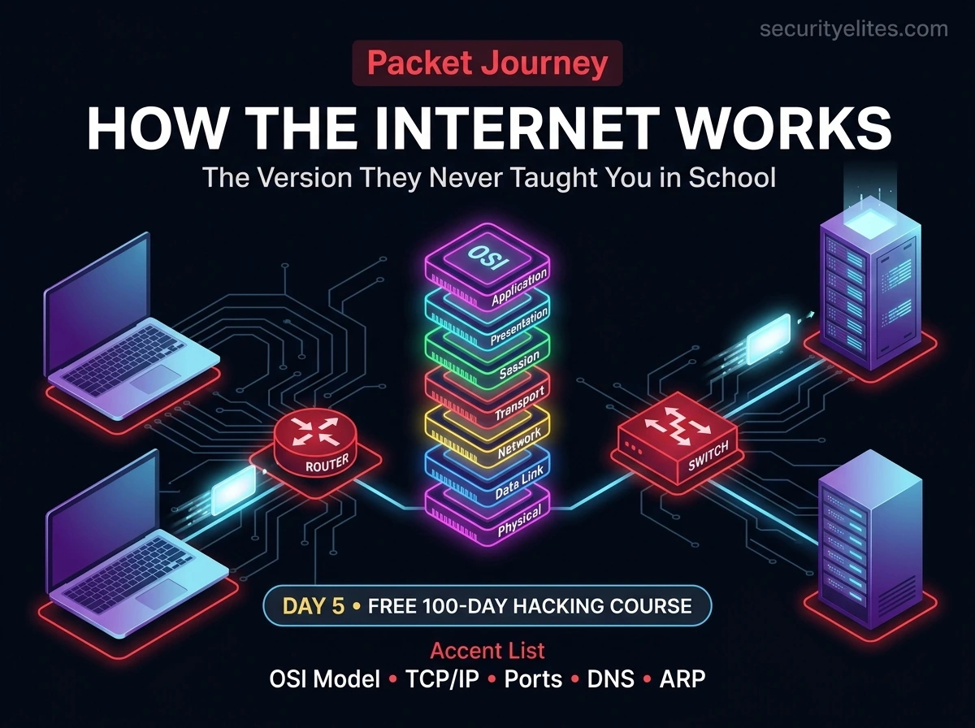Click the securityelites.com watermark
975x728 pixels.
(854, 29)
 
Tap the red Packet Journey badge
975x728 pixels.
(487, 64)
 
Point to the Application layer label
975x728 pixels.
(520, 288)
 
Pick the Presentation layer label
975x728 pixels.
(520, 327)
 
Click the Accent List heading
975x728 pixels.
(487, 651)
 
